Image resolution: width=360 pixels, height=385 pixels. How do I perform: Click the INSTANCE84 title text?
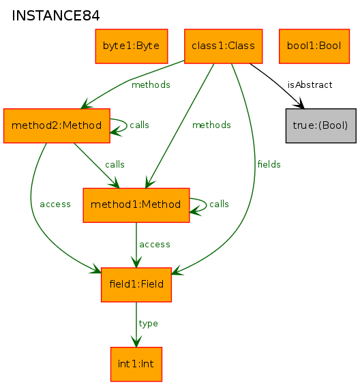tap(56, 16)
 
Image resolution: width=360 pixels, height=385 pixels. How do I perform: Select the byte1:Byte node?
tap(132, 46)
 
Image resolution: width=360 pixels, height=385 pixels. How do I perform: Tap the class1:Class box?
tap(224, 46)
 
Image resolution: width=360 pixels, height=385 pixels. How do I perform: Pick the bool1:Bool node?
tap(314, 46)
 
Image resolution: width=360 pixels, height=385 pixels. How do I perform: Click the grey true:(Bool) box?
tap(321, 125)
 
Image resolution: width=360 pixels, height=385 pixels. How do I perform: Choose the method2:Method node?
tap(57, 125)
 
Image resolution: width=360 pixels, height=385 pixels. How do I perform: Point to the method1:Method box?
tap(136, 205)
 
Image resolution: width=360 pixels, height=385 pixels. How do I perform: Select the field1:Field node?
tap(136, 285)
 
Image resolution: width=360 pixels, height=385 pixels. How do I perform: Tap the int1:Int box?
tap(136, 364)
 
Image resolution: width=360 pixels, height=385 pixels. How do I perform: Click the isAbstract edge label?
tap(310, 85)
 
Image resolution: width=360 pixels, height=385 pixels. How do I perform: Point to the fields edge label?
tap(269, 164)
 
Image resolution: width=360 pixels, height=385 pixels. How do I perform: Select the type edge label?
tap(148, 324)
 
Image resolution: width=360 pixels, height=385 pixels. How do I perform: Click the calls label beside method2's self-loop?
tap(139, 125)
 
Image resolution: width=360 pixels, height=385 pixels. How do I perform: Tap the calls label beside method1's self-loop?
tap(219, 204)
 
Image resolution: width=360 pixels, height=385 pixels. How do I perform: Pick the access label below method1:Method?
tap(155, 245)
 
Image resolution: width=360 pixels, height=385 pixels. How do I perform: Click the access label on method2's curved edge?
tap(55, 204)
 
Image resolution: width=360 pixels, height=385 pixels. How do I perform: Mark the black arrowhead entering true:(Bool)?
tap(300, 104)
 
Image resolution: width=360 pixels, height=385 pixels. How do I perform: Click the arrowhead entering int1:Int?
tap(136, 341)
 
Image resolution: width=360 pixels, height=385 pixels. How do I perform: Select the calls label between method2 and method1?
tap(115, 164)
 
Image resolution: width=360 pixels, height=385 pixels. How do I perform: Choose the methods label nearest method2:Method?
tap(151, 85)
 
